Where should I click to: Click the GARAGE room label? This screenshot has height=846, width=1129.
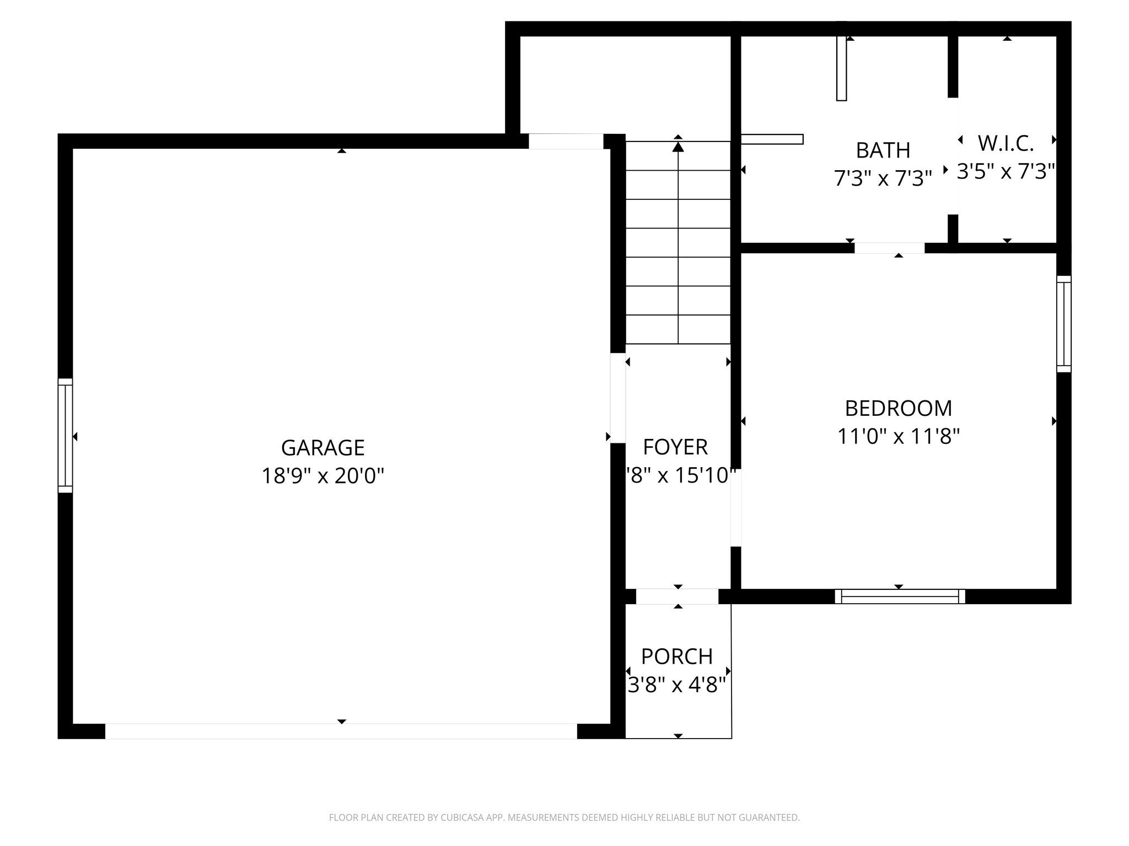click(322, 448)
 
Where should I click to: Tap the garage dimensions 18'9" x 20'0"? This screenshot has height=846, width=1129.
click(322, 475)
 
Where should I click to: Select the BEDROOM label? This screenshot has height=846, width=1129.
click(898, 408)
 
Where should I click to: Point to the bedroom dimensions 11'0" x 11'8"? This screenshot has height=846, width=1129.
click(898, 436)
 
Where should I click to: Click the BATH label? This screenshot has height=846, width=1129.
click(883, 150)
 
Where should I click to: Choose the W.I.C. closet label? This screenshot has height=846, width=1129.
click(1006, 143)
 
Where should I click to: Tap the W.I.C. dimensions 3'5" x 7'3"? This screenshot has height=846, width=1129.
click(1006, 171)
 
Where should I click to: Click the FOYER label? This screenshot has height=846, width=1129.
click(675, 447)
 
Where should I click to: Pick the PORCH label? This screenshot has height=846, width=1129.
click(677, 657)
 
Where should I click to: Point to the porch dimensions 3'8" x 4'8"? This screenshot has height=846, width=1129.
click(677, 685)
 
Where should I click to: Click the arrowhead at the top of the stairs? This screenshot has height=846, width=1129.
click(678, 147)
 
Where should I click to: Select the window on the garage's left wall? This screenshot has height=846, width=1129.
click(65, 436)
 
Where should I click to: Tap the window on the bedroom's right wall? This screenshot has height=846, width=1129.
click(1063, 324)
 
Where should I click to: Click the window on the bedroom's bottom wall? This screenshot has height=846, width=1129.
click(900, 596)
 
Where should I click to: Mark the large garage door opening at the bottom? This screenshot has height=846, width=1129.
click(341, 731)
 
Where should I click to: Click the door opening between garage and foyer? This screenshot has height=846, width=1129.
click(617, 398)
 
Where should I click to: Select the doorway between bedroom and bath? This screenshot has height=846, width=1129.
click(889, 248)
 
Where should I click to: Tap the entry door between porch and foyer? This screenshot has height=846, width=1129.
click(677, 596)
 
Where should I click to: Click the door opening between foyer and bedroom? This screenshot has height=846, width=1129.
click(735, 507)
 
